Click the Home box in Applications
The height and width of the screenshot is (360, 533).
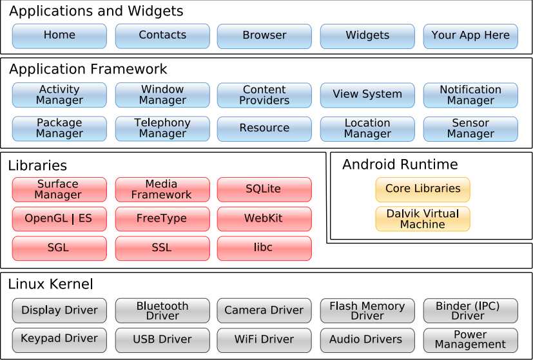coord(59,36)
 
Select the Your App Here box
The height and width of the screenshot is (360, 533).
coord(470,36)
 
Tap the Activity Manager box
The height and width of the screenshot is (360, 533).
coord(59,95)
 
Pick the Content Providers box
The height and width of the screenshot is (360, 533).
coord(264,95)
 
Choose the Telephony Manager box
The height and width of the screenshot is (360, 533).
coord(162,128)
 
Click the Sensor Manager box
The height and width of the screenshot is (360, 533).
coord(470,128)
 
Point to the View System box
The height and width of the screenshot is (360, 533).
coord(367,95)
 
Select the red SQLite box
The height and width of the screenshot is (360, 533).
coord(264,189)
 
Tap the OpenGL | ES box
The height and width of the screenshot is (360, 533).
coord(59,219)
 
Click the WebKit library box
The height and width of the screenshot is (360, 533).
coord(264,219)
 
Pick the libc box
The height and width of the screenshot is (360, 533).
coord(264,248)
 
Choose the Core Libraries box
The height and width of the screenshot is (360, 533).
coord(423,189)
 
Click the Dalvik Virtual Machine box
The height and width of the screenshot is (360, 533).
coord(423,219)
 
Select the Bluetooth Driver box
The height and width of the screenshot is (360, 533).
coord(162,310)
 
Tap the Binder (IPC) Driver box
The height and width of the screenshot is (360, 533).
coord(470,310)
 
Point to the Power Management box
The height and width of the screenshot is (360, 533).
coord(470,340)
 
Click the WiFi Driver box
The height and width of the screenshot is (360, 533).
coord(264,340)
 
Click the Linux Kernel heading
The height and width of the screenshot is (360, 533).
coord(51,284)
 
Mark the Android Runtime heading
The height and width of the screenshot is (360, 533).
coord(400,165)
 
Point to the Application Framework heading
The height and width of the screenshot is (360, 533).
coord(88,70)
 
